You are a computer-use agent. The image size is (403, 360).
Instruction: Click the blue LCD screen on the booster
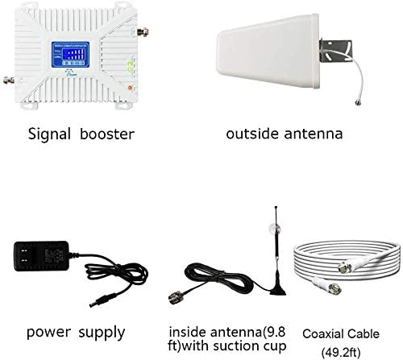click(x=70, y=55)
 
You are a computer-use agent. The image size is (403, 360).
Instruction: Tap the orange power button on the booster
click(x=130, y=88)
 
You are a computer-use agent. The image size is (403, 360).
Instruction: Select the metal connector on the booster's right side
click(x=143, y=32)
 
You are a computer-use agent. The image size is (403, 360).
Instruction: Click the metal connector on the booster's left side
click(x=9, y=80)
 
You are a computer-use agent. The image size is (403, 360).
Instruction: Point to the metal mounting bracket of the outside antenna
click(x=336, y=50)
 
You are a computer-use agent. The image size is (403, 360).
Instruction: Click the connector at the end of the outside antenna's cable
click(x=358, y=102)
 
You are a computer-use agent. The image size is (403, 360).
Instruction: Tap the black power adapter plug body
click(x=42, y=256)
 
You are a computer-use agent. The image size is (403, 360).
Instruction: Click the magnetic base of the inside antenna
click(x=278, y=289)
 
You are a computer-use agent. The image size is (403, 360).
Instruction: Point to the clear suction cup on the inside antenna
click(x=275, y=229)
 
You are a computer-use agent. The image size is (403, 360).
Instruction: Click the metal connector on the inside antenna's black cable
click(x=177, y=297)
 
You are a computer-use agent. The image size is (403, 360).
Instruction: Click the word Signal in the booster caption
click(x=49, y=134)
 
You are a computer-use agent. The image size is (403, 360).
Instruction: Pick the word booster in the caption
click(x=107, y=134)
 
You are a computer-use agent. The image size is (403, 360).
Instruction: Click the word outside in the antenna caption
click(x=252, y=134)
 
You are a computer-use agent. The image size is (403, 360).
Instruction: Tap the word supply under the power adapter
click(x=102, y=333)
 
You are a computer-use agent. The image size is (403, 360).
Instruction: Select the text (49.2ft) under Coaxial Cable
click(x=341, y=352)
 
